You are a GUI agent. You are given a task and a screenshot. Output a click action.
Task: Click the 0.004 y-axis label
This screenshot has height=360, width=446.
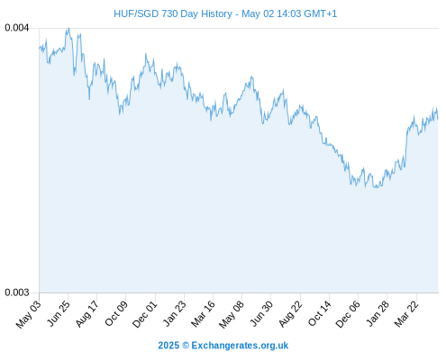(17, 28)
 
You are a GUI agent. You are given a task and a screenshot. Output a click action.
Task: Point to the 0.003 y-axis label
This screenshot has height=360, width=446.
(17, 292)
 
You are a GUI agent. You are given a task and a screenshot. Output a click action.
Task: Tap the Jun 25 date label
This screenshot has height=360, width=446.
(59, 313)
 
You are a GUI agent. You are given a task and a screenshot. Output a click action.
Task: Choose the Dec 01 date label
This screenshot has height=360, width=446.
(145, 314)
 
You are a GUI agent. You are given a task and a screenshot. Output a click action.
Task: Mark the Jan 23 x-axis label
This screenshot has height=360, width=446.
(174, 313)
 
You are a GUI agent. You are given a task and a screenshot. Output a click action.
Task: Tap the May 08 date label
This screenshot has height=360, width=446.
(232, 314)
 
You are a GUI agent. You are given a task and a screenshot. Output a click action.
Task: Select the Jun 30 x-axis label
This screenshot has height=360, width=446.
(261, 313)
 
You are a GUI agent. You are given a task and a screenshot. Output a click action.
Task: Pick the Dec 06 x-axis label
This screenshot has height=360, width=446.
(348, 314)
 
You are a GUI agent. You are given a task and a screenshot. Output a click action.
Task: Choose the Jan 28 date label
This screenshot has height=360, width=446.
(378, 313)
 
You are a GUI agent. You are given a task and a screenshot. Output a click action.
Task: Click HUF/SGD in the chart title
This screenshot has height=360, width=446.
(136, 13)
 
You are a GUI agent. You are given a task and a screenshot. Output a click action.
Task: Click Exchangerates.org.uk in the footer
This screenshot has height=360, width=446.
(240, 346)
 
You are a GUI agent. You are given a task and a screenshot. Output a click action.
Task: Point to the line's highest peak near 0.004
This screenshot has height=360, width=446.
(68, 29)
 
